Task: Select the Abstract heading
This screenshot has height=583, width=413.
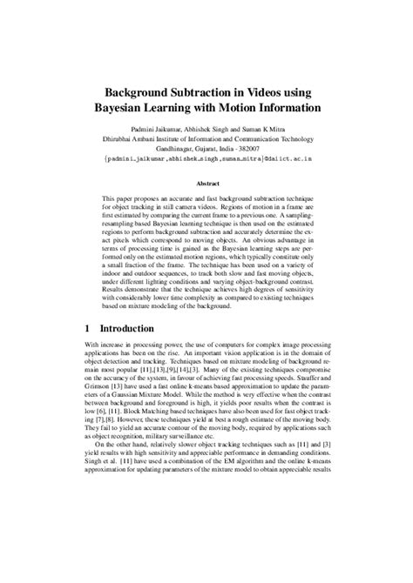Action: tap(206, 184)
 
